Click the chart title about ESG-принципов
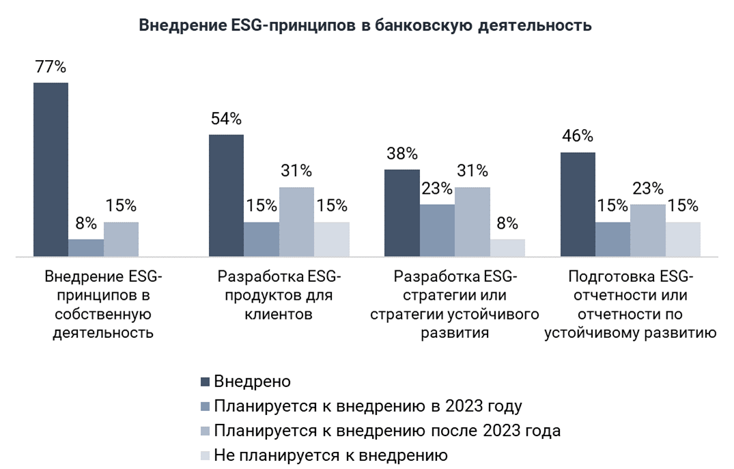tap(365, 26)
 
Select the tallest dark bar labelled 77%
tap(51, 169)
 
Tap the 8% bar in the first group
tap(86, 248)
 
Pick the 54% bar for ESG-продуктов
tap(226, 195)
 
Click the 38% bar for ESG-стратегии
tap(402, 213)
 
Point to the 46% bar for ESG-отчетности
tap(578, 204)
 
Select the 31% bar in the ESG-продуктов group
tap(296, 222)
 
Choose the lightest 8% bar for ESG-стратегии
tap(507, 248)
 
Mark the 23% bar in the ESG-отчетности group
tap(648, 230)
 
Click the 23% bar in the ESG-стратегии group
tap(437, 230)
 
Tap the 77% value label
tap(51, 67)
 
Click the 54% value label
tap(226, 119)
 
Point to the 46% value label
tap(578, 136)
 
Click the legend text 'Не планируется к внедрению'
tap(330, 455)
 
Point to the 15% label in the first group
tap(121, 205)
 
